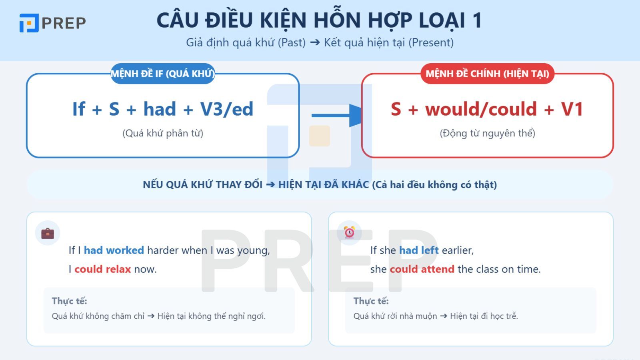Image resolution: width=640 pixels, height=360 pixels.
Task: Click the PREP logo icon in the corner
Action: tap(29, 23)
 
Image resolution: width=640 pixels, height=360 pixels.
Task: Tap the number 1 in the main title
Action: tap(476, 20)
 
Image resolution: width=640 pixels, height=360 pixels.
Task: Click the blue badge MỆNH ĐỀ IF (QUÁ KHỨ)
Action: tap(162, 74)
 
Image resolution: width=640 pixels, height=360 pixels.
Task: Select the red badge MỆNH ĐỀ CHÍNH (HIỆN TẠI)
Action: tap(487, 74)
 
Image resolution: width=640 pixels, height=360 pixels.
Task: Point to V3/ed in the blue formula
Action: tap(226, 109)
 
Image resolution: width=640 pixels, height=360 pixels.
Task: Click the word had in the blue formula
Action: tap(160, 109)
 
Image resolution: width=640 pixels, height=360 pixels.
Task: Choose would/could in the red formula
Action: tap(481, 109)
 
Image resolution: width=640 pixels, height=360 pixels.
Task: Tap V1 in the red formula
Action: tap(572, 109)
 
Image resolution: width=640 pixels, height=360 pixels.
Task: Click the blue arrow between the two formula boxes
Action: tap(336, 116)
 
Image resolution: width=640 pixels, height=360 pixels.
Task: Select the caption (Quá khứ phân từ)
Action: tap(163, 133)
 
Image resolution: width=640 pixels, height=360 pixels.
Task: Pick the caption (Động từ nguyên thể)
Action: tap(487, 133)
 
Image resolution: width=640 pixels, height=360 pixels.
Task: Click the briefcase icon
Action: tap(48, 233)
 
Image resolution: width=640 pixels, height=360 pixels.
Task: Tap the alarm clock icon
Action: tap(350, 232)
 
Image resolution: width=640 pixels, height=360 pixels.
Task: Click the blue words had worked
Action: tap(114, 250)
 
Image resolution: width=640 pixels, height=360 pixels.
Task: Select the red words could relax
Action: tap(102, 269)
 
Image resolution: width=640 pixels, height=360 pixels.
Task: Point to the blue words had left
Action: tap(419, 250)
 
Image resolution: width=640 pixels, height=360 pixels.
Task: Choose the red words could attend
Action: tap(422, 269)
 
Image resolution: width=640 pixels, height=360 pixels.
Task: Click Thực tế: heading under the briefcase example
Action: tap(69, 301)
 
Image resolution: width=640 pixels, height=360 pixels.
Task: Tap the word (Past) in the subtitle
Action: tap(292, 42)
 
